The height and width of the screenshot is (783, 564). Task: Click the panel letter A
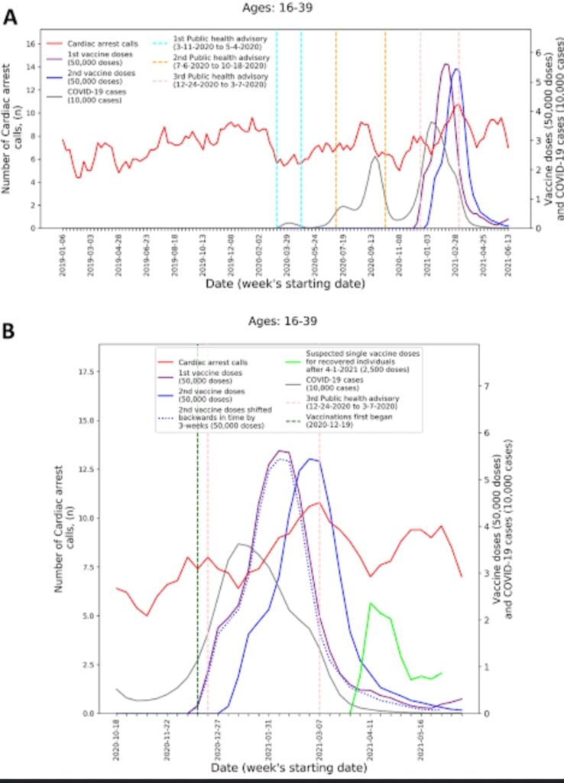[11, 16]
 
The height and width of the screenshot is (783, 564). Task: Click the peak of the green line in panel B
[371, 603]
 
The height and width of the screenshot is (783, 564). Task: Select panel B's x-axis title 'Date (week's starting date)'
[280, 765]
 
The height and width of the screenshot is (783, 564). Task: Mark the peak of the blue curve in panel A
[457, 70]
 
